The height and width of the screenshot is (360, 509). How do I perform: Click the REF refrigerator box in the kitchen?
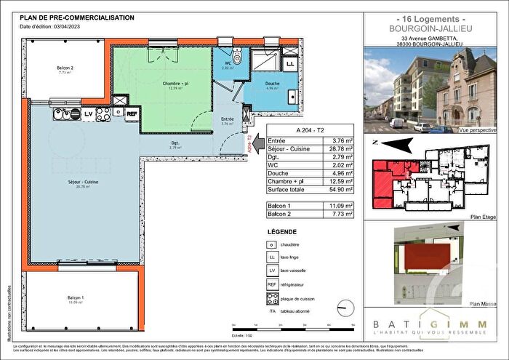(x=132, y=113)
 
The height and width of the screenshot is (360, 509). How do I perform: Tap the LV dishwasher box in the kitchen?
(x=88, y=113)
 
